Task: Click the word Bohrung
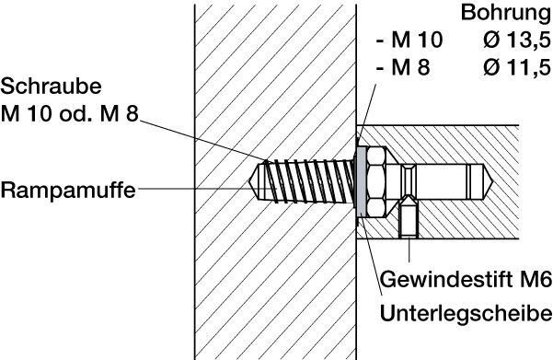[x=506, y=13]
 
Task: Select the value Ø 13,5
[x=517, y=40]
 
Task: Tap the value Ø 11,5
[x=517, y=66]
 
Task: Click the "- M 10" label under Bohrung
[x=409, y=40]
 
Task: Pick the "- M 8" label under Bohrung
[x=403, y=66]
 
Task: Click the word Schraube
[x=52, y=87]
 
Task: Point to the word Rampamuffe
[x=68, y=191]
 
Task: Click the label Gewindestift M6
[x=466, y=280]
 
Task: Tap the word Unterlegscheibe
[x=466, y=313]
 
